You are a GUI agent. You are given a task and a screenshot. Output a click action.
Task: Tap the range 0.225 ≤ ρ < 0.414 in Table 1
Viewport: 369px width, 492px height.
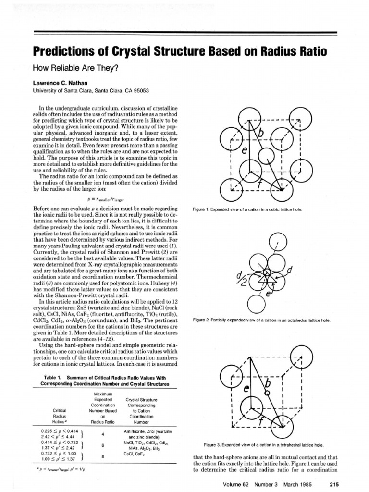(61, 431)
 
